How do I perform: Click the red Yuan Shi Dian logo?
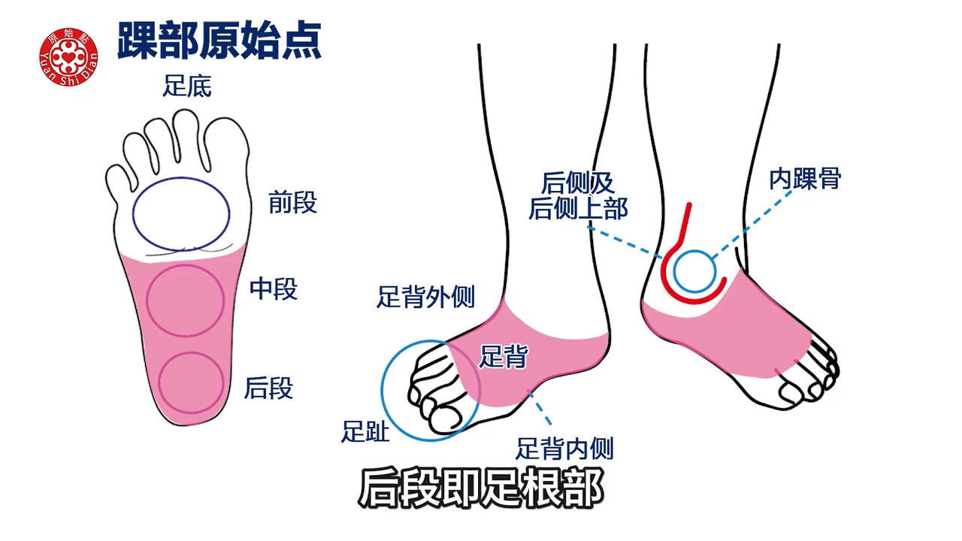pos(68,56)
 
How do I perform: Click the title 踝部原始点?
pos(219,41)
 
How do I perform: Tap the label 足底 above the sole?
pos(187,86)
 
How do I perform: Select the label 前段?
pos(293,203)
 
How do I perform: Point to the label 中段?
pos(274,289)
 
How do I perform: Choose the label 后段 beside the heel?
pos(268,388)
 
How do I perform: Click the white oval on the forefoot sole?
pos(181,213)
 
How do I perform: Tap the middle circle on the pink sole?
pos(185,300)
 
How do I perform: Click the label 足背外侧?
pos(425,298)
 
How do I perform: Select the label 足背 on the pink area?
pos(503,357)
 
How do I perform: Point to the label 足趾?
pos(366,431)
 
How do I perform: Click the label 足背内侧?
pos(564,449)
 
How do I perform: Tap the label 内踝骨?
pos(805,179)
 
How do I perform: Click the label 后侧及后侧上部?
pos(577,195)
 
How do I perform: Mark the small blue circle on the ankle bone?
pos(694,271)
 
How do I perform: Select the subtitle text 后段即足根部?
pos(480,489)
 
